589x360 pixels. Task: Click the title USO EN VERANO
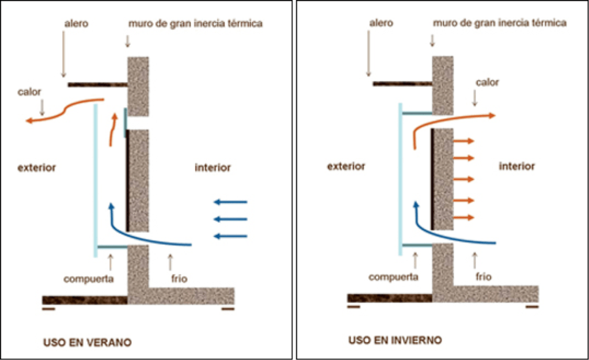coord(87,342)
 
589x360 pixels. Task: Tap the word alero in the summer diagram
coord(75,24)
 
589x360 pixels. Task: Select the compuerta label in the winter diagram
coord(393,276)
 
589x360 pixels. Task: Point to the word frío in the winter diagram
coord(483,276)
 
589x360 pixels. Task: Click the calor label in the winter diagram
coord(487,82)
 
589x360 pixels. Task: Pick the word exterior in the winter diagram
coord(346,166)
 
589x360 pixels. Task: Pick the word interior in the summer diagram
coord(212,168)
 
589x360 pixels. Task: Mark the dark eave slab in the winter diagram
coord(402,84)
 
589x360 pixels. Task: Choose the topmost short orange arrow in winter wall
coord(463,141)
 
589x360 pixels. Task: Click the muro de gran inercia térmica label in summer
coord(195,24)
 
